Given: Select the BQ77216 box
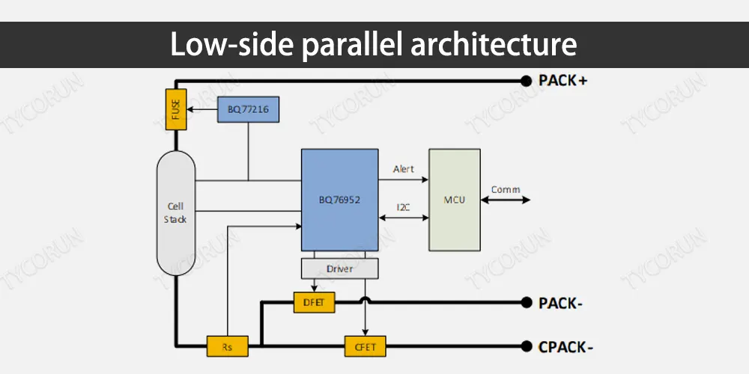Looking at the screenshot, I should [248, 111].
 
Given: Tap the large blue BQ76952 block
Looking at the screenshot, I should [339, 200].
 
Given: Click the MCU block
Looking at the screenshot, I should [454, 200].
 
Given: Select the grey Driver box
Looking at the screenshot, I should [339, 268].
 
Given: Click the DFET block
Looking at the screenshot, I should [314, 303].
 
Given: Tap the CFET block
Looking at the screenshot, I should [365, 346].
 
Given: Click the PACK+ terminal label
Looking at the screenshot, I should [562, 80].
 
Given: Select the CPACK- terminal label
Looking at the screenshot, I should [567, 346].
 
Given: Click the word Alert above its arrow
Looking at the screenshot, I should [404, 169].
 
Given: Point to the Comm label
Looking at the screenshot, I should [506, 189].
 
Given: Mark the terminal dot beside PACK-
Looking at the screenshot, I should [525, 303].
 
